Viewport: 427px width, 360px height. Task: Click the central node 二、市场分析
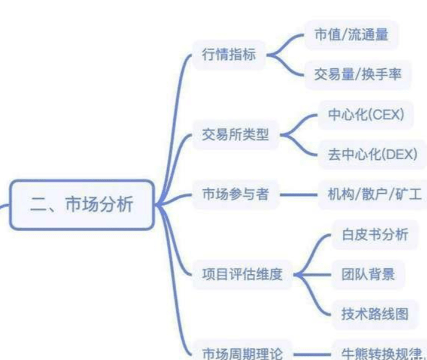[x=82, y=205]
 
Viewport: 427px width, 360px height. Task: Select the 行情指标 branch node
[x=229, y=54]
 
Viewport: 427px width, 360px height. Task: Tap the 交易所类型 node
[x=235, y=135]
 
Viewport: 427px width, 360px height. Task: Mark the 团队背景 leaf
[x=368, y=275]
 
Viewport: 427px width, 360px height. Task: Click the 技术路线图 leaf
[x=374, y=314]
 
